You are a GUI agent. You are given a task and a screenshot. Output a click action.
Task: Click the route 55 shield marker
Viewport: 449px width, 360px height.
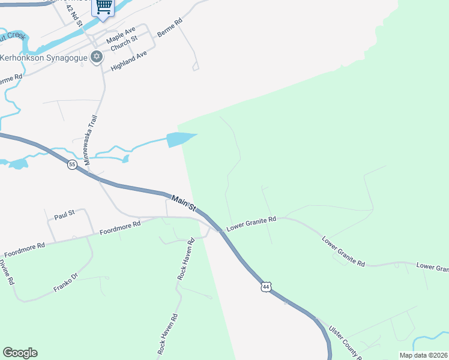pyautogui.click(x=72, y=164)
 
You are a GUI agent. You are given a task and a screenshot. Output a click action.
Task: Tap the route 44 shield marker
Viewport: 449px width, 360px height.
pyautogui.click(x=266, y=287)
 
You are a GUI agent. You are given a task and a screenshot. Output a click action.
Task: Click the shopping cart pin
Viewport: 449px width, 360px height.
pyautogui.click(x=104, y=7)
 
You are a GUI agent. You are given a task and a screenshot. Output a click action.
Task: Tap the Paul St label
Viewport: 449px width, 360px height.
pyautogui.click(x=64, y=214)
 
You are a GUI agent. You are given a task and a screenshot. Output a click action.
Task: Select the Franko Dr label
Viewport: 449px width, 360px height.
pyautogui.click(x=66, y=283)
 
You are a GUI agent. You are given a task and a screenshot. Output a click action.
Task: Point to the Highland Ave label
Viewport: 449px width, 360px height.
pyautogui.click(x=129, y=62)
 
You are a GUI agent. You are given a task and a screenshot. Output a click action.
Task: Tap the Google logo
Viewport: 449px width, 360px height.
pyautogui.click(x=20, y=353)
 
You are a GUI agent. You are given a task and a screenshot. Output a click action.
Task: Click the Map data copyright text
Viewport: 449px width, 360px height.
pyautogui.click(x=423, y=355)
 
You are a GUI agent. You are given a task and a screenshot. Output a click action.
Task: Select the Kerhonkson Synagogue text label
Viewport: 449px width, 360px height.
pyautogui.click(x=44, y=58)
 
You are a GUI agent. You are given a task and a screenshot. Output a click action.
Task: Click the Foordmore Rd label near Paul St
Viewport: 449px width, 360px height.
pyautogui.click(x=119, y=227)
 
